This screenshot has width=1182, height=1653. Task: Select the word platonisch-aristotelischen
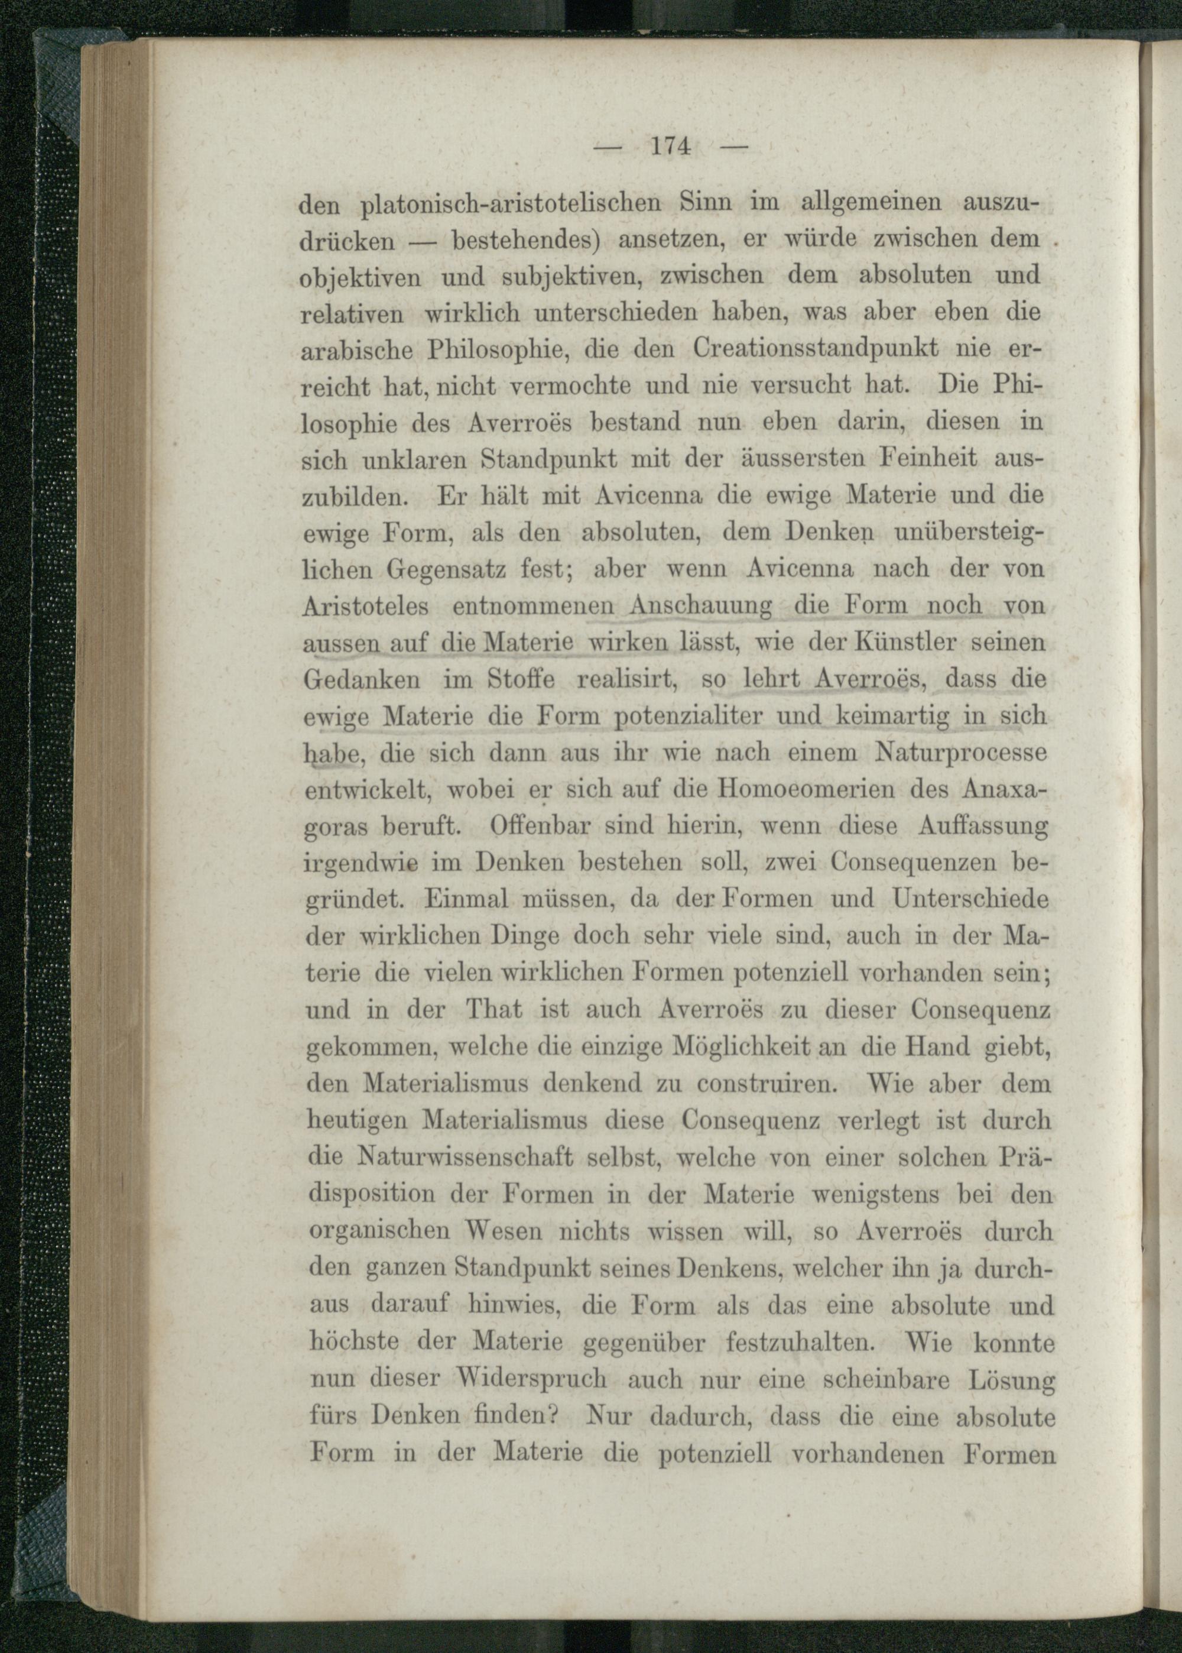[510, 202]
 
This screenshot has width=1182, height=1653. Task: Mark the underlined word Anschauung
[702, 605]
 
